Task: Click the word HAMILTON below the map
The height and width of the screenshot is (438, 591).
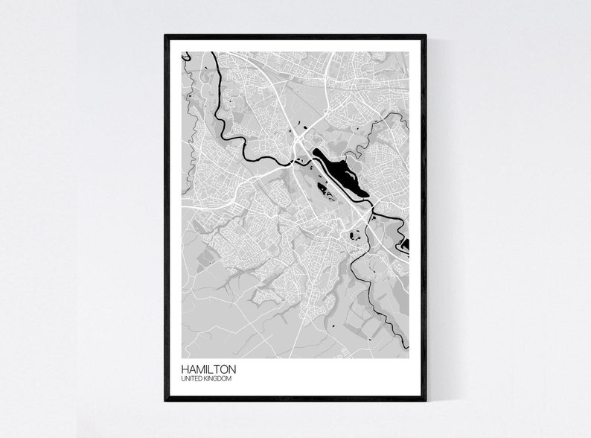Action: [x=209, y=369]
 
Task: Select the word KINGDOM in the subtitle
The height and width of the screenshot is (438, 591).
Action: [x=218, y=380]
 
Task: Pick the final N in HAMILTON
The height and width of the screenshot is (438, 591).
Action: [x=233, y=369]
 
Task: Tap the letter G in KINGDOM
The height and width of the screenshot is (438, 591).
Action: [x=215, y=380]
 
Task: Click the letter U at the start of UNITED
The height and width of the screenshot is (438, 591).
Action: [x=183, y=380]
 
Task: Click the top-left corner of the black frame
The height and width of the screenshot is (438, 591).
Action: [x=165, y=35]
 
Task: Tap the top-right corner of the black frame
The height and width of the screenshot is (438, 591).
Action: [x=426, y=35]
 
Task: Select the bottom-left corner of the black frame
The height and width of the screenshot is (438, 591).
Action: [x=165, y=400]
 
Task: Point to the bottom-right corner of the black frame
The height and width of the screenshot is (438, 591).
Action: [x=426, y=400]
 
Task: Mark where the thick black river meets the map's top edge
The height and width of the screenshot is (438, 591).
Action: [x=213, y=52]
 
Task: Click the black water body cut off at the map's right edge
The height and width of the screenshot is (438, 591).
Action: [x=405, y=244]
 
